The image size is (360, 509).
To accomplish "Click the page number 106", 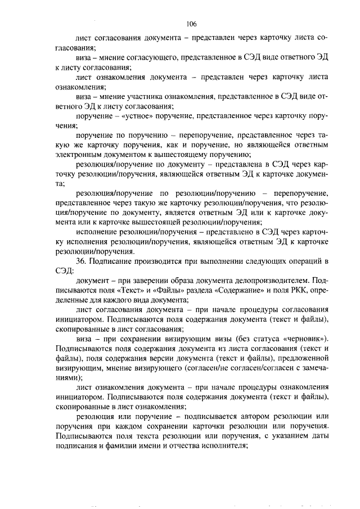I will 191,23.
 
